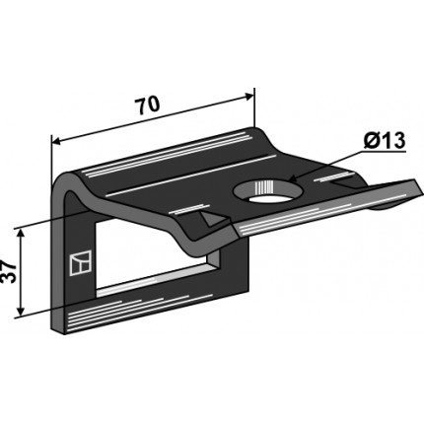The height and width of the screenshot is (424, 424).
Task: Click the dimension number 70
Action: (x=148, y=106)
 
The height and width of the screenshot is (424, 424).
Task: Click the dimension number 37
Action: (x=10, y=272)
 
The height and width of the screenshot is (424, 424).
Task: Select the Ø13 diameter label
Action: (x=385, y=141)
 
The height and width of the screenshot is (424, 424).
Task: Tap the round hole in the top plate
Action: (x=265, y=192)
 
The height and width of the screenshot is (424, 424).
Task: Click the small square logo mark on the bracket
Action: (x=81, y=263)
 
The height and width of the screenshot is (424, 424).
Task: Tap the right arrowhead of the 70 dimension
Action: (x=248, y=97)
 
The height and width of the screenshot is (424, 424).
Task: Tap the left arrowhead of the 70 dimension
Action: (x=58, y=142)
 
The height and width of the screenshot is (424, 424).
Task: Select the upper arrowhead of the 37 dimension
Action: (x=21, y=235)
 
